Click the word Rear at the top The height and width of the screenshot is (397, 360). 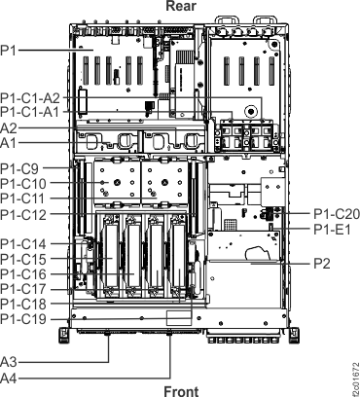(x=181, y=6)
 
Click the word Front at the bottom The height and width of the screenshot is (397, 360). (x=181, y=389)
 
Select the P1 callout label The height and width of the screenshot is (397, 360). (x=9, y=47)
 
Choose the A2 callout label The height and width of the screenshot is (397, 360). (x=9, y=128)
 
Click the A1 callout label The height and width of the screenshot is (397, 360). (x=9, y=143)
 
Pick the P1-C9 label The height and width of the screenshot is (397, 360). (x=19, y=167)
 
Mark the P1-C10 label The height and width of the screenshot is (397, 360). (x=22, y=183)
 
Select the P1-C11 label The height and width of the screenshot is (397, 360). (x=22, y=198)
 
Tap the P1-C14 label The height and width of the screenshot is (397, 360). (x=22, y=242)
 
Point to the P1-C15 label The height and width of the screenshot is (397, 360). (x=22, y=259)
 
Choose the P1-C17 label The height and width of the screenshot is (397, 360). (x=22, y=289)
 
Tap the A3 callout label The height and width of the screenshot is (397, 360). (x=9, y=361)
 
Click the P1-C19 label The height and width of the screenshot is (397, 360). (x=22, y=319)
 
